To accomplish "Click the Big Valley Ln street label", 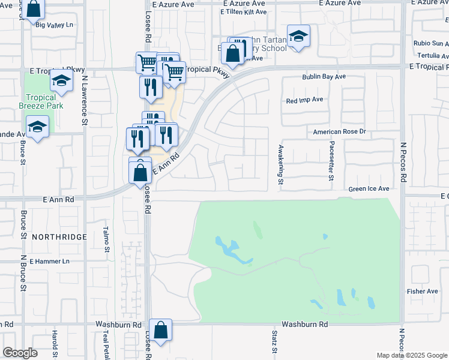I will (x=54, y=25).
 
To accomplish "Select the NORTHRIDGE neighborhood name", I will (x=60, y=238).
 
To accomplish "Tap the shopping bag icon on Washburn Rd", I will (x=161, y=330).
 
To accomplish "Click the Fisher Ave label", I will (x=422, y=291).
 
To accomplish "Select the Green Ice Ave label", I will (x=369, y=189).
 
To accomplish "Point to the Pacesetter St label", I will (x=331, y=161).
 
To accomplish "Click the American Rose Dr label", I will (x=339, y=131).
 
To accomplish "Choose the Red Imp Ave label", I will (x=304, y=100).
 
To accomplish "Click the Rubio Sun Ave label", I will (x=431, y=43).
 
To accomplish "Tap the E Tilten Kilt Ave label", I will (x=243, y=11).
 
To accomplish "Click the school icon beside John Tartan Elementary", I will (x=298, y=36).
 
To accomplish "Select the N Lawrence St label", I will (x=85, y=93).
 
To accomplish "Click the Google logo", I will (x=20, y=353).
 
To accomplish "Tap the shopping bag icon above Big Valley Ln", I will (x=35, y=8).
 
